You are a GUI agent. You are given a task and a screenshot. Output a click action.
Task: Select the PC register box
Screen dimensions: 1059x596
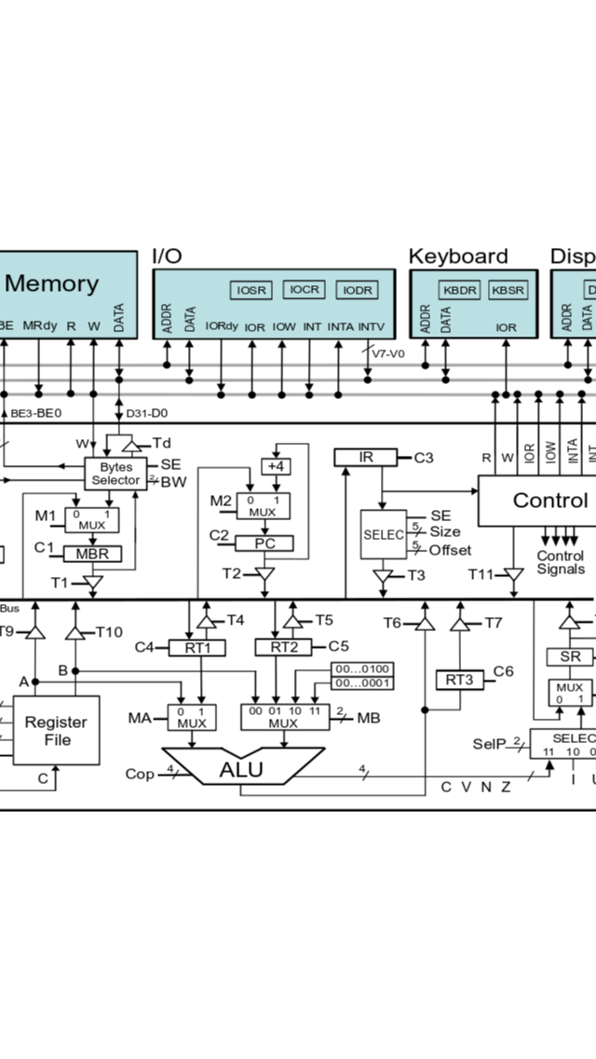click(264, 543)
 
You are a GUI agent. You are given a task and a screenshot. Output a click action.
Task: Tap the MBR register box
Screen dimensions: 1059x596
click(92, 554)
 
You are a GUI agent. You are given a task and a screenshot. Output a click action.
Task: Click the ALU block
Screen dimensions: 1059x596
click(240, 769)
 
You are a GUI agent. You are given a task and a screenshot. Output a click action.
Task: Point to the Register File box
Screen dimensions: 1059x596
click(55, 731)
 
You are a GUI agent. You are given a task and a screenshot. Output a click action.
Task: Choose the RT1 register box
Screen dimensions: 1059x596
click(196, 648)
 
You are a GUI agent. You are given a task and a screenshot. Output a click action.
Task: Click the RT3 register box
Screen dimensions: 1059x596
click(460, 680)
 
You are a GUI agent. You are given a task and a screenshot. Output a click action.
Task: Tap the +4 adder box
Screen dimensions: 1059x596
click(276, 466)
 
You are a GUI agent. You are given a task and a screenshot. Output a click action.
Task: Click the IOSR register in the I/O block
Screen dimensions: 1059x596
click(251, 291)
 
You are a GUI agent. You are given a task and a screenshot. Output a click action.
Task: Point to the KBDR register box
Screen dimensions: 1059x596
click(459, 291)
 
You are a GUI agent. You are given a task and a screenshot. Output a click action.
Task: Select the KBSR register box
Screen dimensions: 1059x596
click(508, 291)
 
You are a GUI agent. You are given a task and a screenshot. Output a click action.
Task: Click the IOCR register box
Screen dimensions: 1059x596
click(305, 290)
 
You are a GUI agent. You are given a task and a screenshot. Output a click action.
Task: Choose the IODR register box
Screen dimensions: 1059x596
click(358, 291)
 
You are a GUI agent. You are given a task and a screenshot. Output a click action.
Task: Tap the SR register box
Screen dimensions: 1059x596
click(569, 656)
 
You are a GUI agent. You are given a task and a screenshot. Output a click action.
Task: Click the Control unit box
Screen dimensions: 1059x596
click(536, 501)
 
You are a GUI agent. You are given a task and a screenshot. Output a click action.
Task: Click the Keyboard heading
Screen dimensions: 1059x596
click(458, 256)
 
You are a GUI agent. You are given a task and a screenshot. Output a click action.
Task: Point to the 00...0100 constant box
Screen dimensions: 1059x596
click(363, 669)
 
